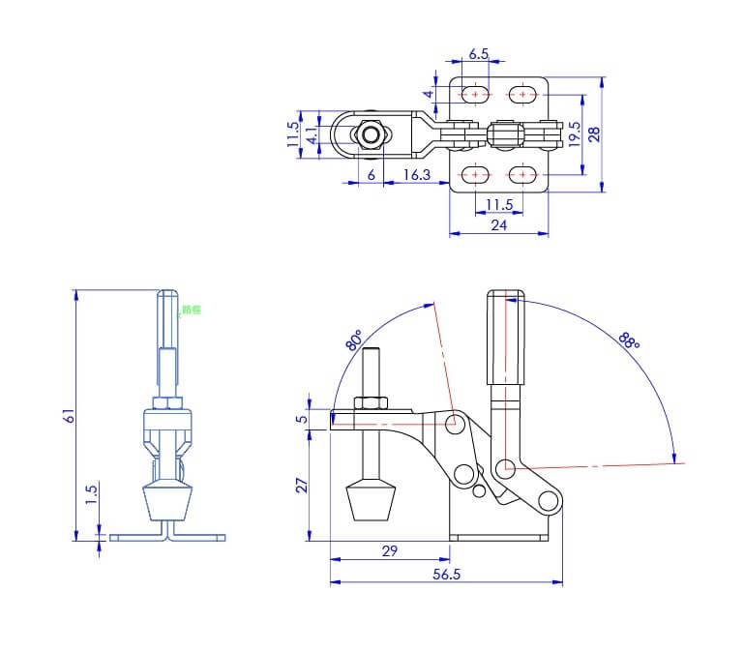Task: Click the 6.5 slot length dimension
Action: (x=479, y=55)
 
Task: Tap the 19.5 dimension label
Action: (x=575, y=133)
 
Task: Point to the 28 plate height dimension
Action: (x=594, y=133)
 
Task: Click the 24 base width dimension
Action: (x=498, y=225)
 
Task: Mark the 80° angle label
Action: (x=354, y=340)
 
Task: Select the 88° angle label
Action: (x=629, y=340)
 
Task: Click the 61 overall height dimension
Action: (x=68, y=415)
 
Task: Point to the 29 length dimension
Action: (x=390, y=550)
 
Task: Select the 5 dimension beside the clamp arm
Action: (x=301, y=419)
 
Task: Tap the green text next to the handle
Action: (x=191, y=311)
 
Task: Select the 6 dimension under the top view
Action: (x=371, y=174)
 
